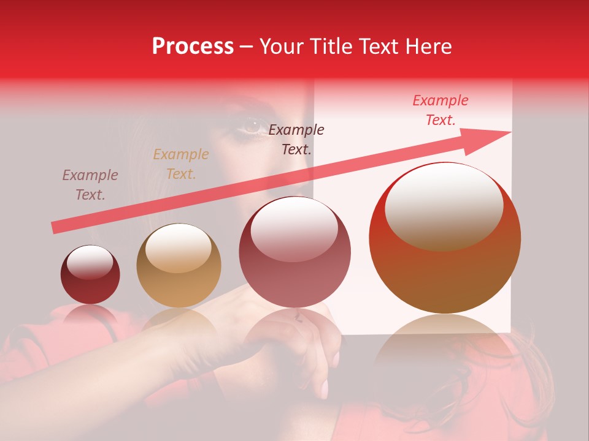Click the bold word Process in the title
[x=193, y=47]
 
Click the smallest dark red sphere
[x=90, y=274]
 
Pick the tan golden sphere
[x=179, y=266]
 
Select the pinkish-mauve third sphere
[x=295, y=251]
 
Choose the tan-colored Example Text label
[x=180, y=164]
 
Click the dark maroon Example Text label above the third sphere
[x=296, y=139]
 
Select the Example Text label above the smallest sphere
[x=90, y=185]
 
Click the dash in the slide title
[x=247, y=47]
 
